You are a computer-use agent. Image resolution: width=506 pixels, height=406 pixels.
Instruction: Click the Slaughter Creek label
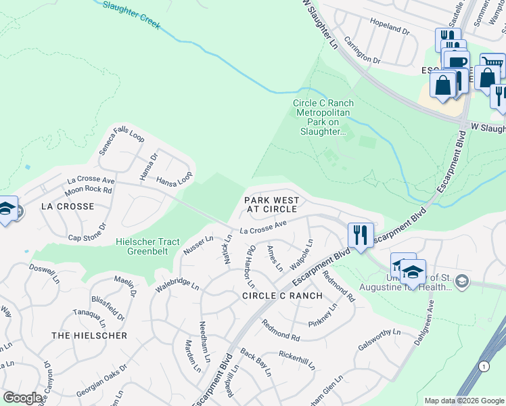[x=131, y=13]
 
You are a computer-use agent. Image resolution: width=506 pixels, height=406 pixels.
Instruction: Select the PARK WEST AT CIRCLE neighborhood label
[x=271, y=205]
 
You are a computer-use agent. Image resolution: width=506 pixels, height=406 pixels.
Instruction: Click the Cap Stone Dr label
[x=88, y=233]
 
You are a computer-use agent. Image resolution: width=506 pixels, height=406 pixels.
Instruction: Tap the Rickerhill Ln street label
[x=298, y=359]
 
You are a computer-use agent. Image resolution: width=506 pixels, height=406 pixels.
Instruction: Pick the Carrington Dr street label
[x=363, y=51]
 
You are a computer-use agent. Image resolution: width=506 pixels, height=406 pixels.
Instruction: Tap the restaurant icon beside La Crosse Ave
[x=360, y=235]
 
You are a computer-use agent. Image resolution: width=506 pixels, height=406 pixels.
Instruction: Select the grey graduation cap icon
[x=461, y=280]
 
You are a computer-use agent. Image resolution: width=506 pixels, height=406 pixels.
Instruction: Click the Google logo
[x=22, y=398]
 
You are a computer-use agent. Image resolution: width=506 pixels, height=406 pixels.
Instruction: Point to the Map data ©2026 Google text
[x=463, y=401]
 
